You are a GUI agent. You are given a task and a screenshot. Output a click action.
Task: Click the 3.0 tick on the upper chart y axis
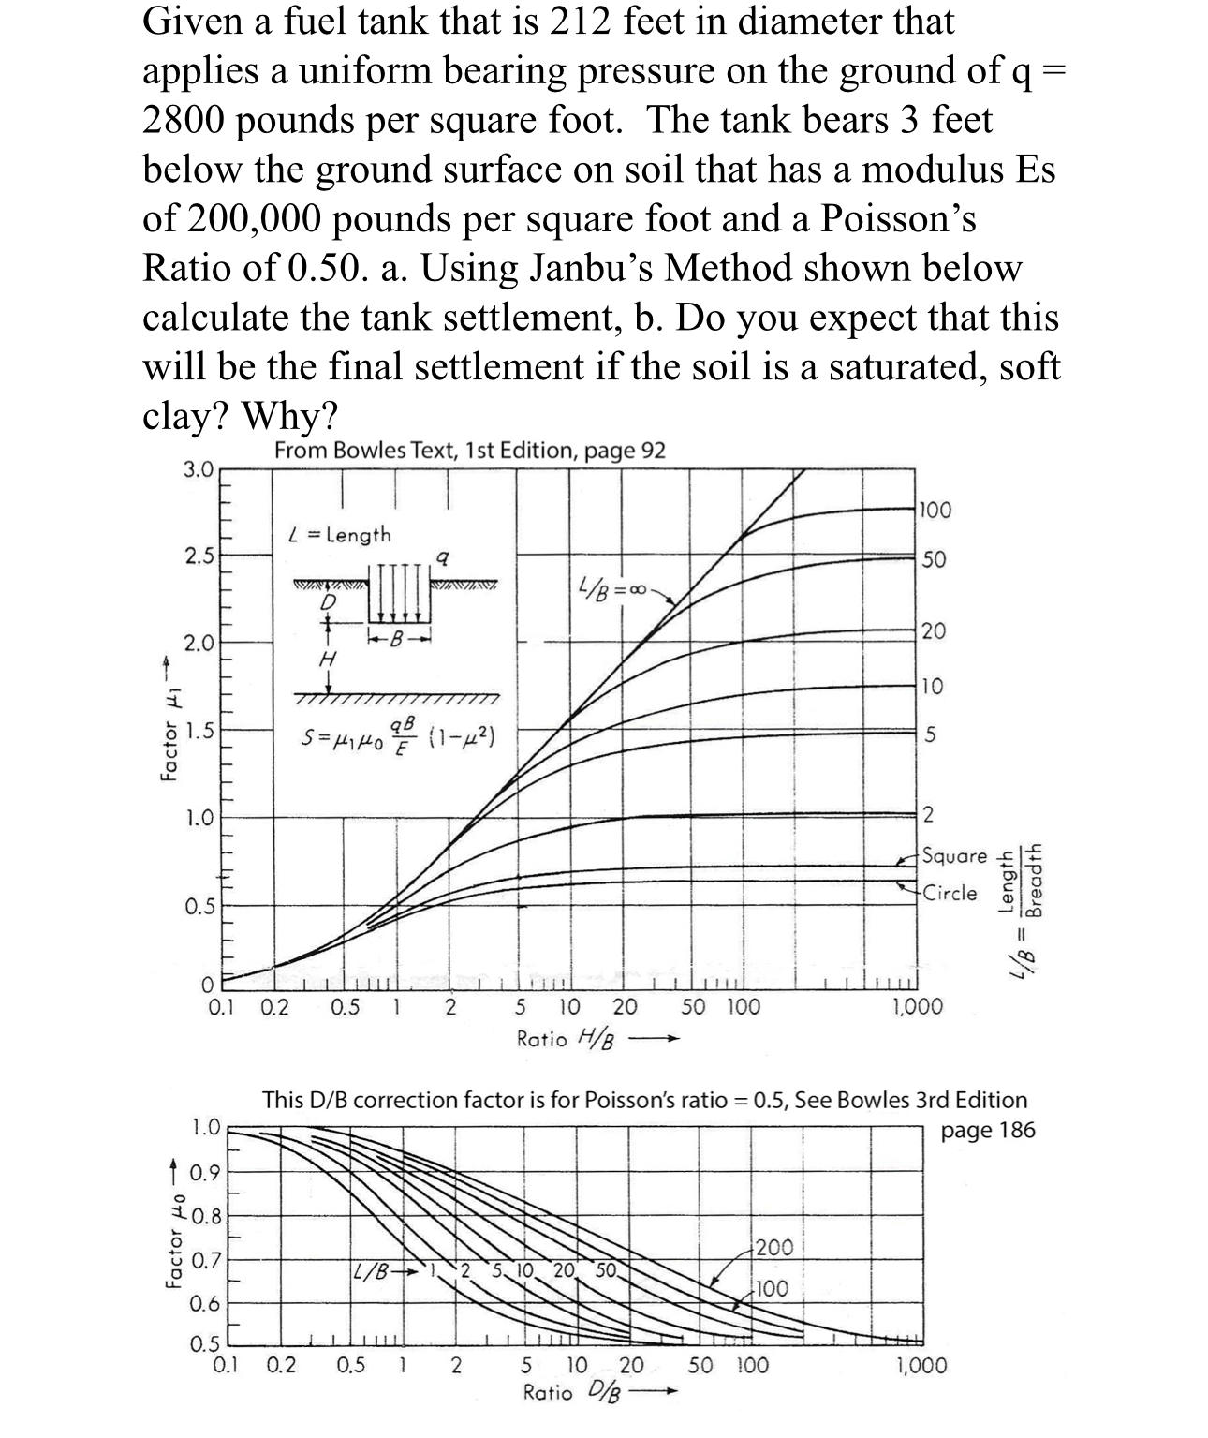pos(199,468)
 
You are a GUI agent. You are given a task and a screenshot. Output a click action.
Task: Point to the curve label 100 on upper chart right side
pos(935,511)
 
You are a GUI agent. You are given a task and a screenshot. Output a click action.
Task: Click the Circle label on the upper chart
pos(950,893)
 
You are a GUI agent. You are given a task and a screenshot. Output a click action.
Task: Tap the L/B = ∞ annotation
pos(613,591)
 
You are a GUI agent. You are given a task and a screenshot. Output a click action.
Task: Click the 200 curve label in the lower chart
pos(773,1247)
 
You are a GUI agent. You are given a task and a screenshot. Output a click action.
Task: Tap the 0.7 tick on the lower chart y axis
pos(205,1260)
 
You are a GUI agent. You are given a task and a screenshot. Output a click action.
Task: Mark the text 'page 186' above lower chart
pos(988,1130)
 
